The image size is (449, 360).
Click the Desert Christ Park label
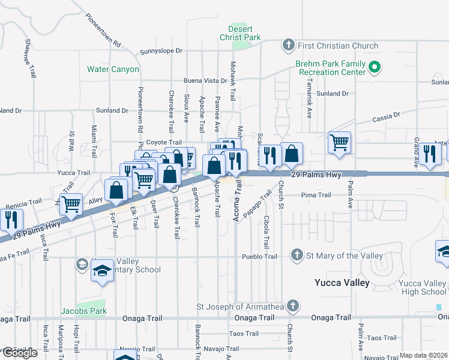point(244,33)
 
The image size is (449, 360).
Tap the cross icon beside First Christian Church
point(289,46)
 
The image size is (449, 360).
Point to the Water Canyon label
point(113,69)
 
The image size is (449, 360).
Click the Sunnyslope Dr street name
point(161,52)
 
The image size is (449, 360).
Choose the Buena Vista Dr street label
point(205,80)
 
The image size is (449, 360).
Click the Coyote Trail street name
point(164,142)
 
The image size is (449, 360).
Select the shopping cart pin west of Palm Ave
point(339,143)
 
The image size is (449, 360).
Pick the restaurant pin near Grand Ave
point(430,154)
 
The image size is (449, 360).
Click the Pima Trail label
point(316,195)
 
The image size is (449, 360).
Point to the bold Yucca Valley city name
point(342,283)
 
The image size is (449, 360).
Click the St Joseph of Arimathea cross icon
point(292,305)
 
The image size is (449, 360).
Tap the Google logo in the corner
point(19,353)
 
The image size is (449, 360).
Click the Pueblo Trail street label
point(259,257)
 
